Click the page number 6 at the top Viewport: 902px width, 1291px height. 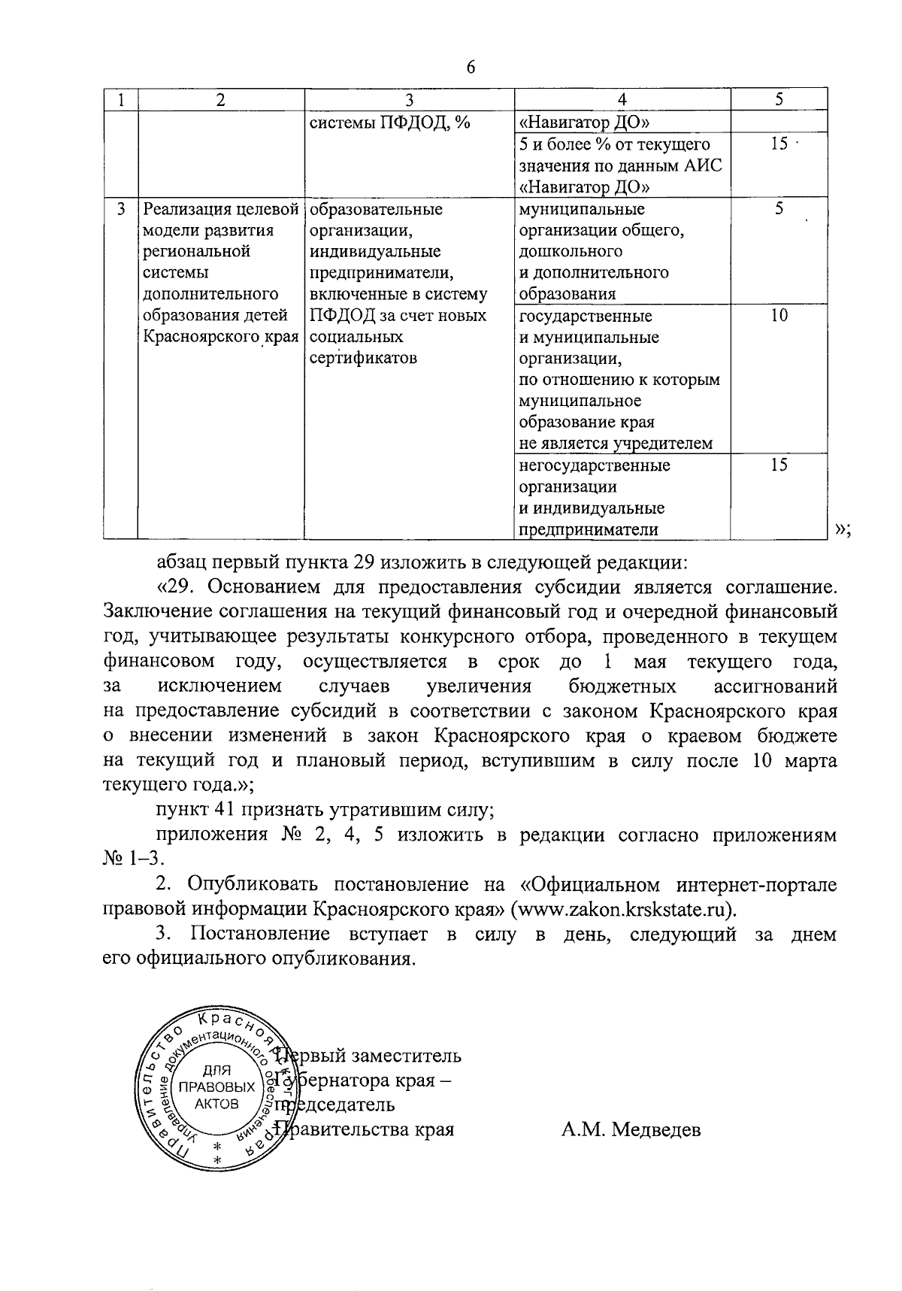click(471, 66)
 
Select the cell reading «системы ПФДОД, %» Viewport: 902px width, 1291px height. click(389, 122)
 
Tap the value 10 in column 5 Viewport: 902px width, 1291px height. click(779, 316)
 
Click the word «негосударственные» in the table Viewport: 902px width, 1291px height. click(595, 465)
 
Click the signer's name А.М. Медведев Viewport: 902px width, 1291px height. click(630, 1129)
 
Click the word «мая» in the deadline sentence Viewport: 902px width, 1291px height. click(651, 662)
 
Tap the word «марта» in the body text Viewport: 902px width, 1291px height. click(809, 761)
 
